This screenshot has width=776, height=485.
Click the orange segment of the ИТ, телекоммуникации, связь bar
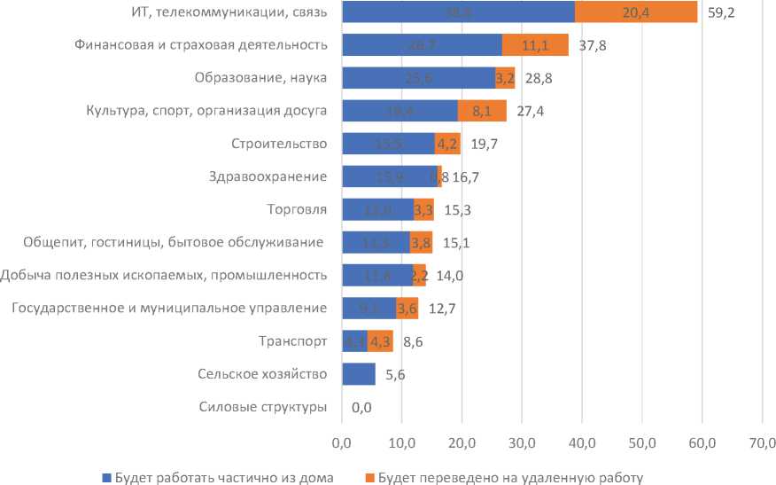(636, 12)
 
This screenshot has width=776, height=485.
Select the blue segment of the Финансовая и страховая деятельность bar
(422, 45)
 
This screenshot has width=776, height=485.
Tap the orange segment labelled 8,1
(482, 111)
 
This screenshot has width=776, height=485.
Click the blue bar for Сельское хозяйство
(358, 375)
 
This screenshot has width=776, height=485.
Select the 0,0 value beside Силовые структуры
(361, 408)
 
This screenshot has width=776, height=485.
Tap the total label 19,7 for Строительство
(485, 144)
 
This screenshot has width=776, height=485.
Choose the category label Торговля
(298, 210)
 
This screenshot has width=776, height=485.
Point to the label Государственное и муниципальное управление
(164, 309)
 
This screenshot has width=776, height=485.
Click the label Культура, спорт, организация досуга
(207, 111)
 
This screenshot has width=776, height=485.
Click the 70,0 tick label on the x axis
(763, 442)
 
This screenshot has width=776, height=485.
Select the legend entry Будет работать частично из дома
(218, 477)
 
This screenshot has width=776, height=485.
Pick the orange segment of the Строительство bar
(447, 144)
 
